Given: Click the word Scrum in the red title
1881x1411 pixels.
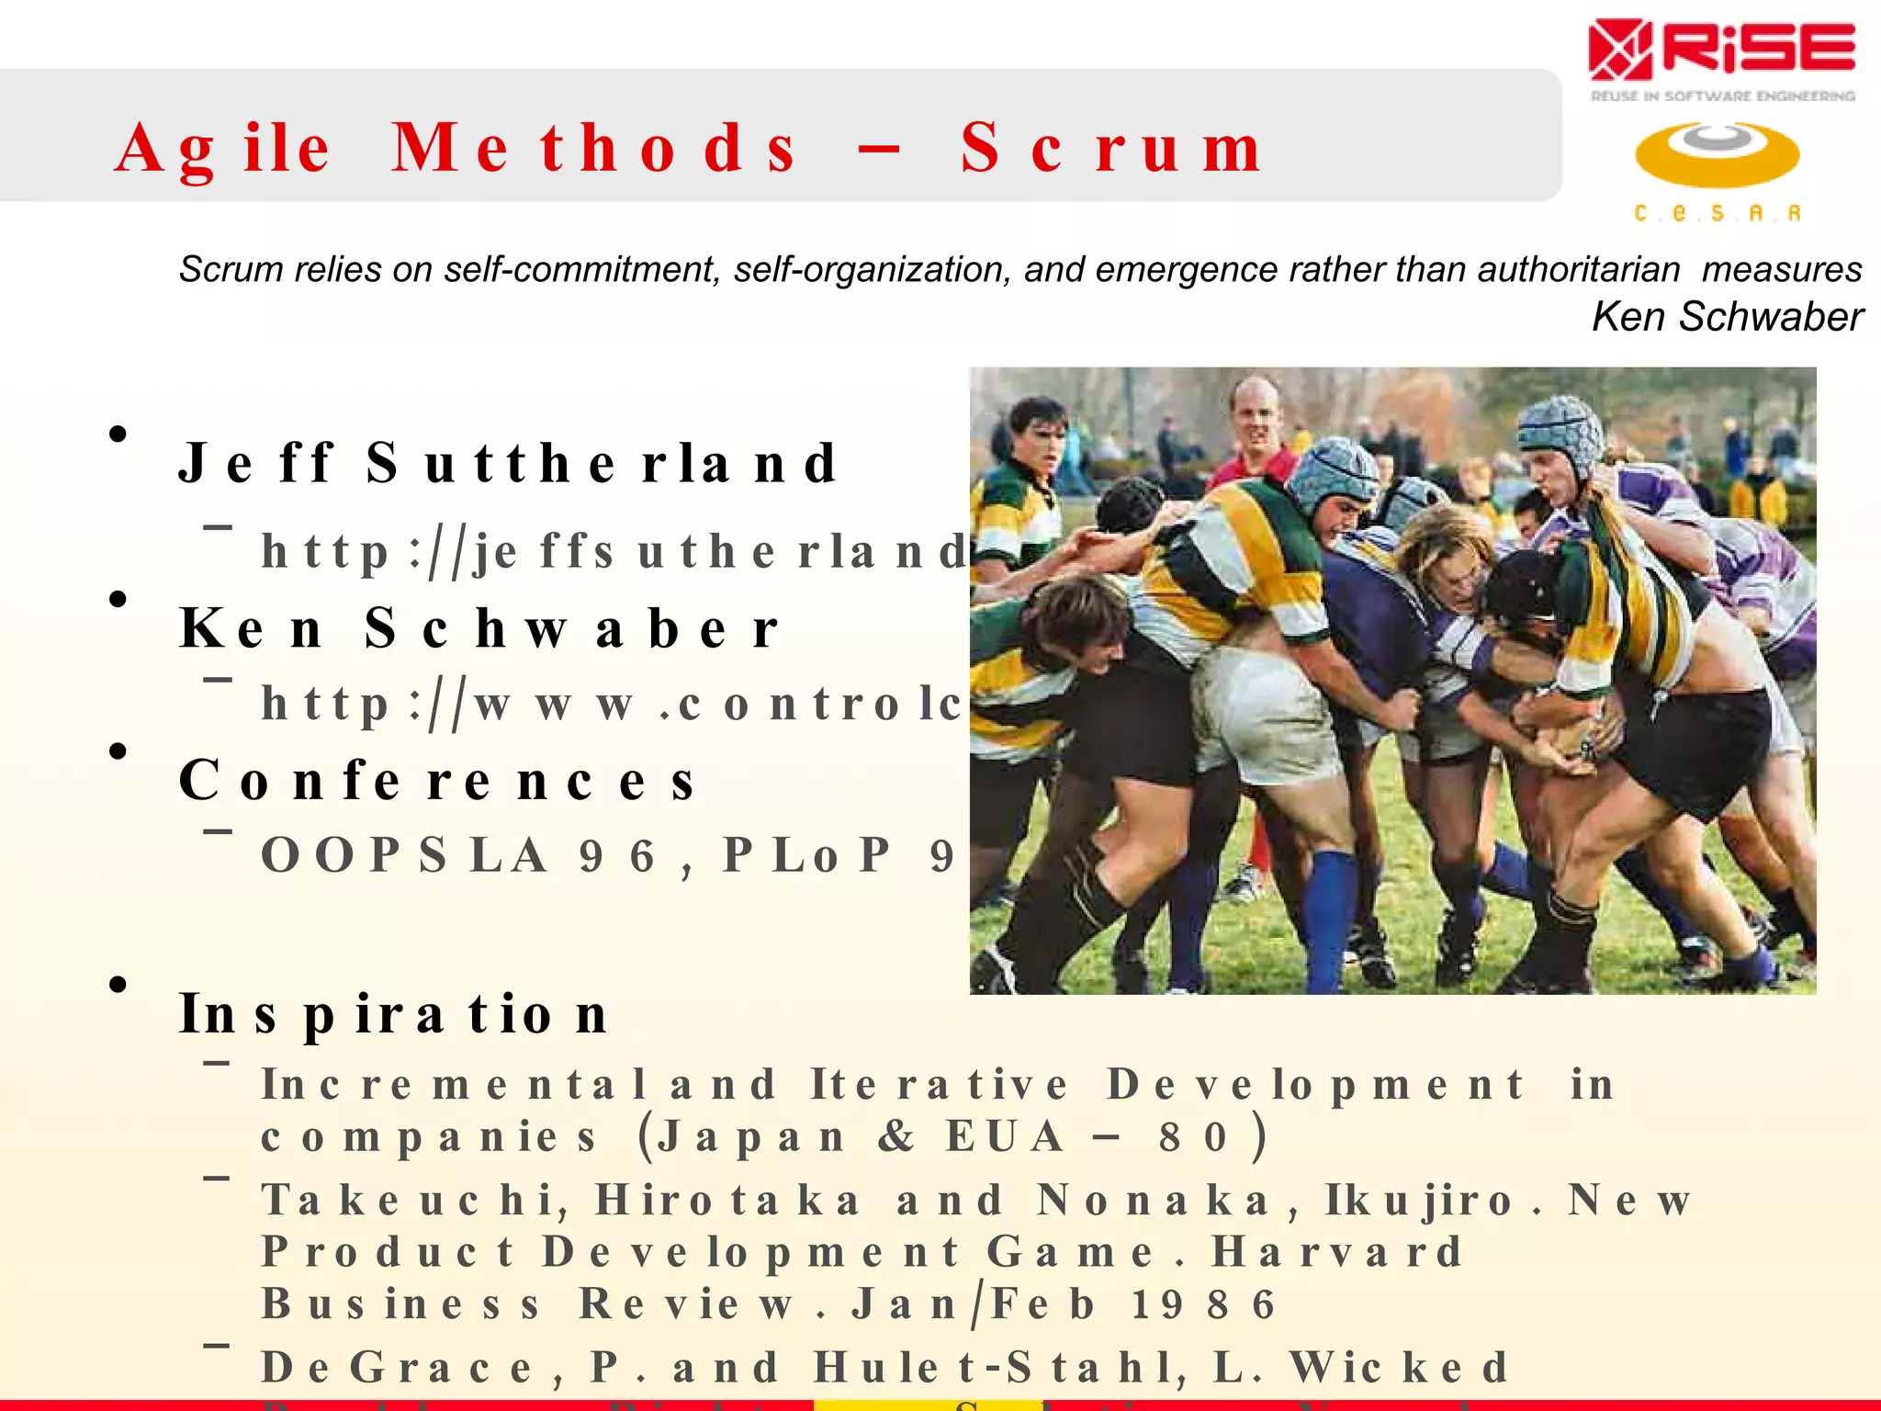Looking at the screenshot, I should coord(1111,149).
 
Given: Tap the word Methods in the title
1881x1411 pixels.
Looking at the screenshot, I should coord(595,149).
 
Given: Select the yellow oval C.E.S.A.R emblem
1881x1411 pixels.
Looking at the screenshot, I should coord(1717,154).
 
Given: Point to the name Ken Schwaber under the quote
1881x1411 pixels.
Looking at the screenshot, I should coord(1727,317).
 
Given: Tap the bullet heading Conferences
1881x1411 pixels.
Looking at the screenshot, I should coord(437,782).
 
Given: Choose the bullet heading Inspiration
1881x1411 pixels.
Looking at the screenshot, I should coord(394,1015).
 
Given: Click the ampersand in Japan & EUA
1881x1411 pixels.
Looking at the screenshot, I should coord(896,1137).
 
